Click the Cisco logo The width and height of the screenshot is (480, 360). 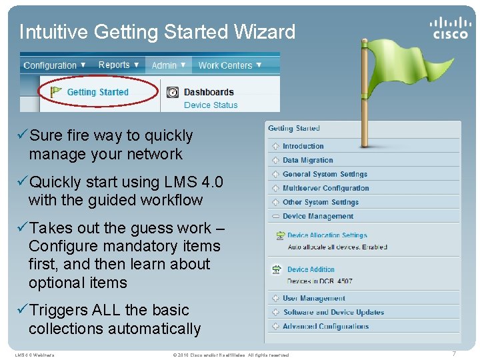pos(449,28)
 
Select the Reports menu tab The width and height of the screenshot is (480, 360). pos(118,65)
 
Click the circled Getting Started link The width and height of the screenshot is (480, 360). pos(97,92)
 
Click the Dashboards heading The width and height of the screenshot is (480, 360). pos(209,92)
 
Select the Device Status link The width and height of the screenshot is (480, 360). pos(211,105)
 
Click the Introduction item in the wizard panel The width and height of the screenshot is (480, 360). pos(303,146)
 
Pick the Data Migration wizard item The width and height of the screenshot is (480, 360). pos(307,160)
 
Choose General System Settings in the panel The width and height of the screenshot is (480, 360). pos(325,174)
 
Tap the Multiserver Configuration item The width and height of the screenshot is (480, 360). pos(325,188)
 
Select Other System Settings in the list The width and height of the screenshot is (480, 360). pos(320,202)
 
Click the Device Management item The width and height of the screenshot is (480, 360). pos(317,216)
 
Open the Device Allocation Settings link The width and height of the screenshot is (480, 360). pos(327,235)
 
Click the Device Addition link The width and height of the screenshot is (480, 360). pos(311,269)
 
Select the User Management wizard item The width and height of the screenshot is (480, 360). pos(313,298)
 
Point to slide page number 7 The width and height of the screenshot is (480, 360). pos(454,354)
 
